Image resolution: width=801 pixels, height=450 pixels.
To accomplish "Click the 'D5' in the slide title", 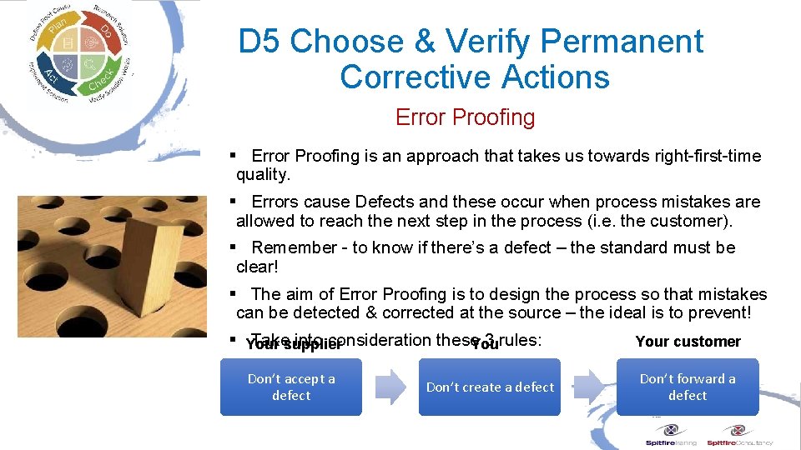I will pos(259,42).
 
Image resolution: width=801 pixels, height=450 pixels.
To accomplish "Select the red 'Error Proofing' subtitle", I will pos(465,117).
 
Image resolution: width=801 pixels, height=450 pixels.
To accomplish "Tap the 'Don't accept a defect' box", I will pos(291,387).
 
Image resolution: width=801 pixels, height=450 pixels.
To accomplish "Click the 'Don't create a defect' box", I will pos(490,387).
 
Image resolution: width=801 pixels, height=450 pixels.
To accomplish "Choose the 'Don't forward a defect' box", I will pos(688,387).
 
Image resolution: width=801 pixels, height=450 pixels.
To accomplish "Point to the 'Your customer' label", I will pos(688,342).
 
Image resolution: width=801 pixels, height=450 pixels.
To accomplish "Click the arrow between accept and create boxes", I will pos(390,387).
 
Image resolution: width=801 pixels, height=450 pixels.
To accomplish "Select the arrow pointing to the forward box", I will pos(588,387).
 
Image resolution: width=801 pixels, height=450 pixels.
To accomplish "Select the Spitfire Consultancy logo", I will pos(739,436).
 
